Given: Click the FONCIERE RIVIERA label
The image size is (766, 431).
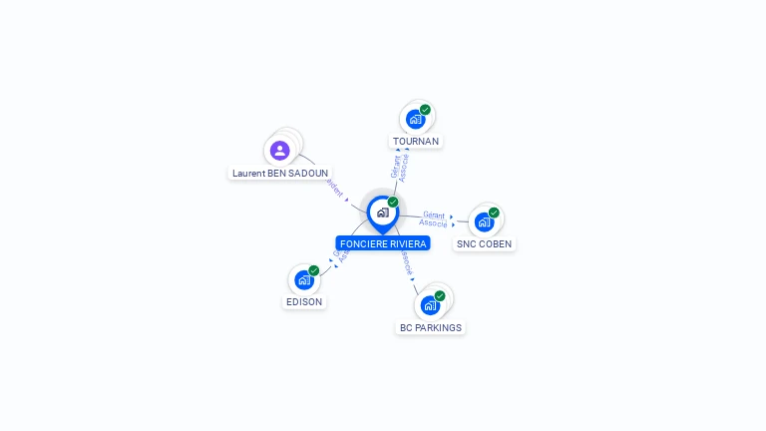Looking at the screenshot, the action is [x=383, y=243].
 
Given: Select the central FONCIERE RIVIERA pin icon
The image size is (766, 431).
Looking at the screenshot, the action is [x=382, y=213].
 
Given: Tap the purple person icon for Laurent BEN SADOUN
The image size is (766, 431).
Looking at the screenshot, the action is [x=279, y=151].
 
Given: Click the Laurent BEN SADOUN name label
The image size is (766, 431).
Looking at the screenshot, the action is [x=280, y=173].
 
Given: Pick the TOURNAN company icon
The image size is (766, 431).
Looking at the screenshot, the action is [x=415, y=120].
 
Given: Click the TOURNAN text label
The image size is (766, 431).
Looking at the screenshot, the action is [x=416, y=142].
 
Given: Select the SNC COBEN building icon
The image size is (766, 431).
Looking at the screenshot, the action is [x=484, y=221].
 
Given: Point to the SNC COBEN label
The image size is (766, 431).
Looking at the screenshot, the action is [x=485, y=243].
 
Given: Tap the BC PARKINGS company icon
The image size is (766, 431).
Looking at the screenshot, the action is [x=430, y=304].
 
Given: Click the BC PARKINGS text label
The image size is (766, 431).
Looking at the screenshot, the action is [x=431, y=327].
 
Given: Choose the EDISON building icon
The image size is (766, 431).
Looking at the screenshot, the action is [x=303, y=279].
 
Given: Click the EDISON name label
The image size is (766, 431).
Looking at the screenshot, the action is [x=304, y=301].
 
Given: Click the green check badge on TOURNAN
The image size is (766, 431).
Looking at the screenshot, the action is [x=425, y=110].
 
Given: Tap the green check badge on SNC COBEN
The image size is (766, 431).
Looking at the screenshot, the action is [x=494, y=213].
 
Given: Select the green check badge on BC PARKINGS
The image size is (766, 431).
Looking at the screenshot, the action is [x=440, y=295].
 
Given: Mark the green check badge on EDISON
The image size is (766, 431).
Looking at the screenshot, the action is [x=313, y=270].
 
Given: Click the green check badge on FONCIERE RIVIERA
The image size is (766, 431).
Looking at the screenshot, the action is [x=393, y=203].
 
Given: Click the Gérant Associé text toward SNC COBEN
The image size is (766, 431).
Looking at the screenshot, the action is [x=433, y=218].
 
